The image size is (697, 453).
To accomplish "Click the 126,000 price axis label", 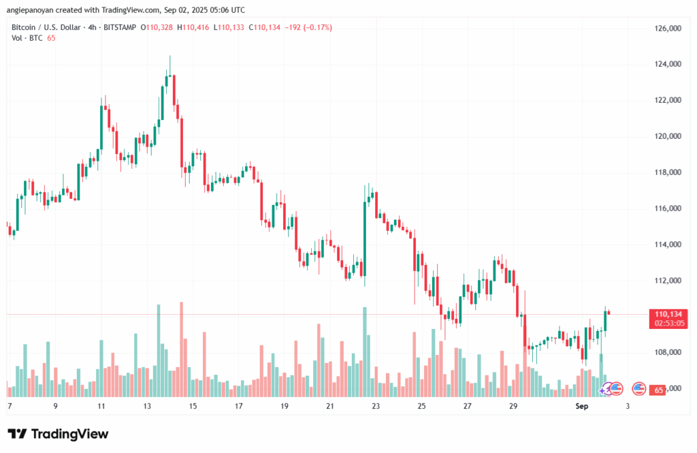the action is [x=668, y=28].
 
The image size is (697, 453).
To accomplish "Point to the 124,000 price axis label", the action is [x=668, y=64].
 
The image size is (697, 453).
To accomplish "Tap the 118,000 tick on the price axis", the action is [x=668, y=172].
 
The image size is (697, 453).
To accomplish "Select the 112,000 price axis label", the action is [x=668, y=281].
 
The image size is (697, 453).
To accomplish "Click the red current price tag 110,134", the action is [x=668, y=314].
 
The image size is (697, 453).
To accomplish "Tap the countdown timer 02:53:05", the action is [x=668, y=323].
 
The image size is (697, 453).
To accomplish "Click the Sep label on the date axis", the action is [x=581, y=406].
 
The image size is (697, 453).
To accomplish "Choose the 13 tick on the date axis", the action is [x=147, y=406].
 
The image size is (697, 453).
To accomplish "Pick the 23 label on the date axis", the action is [x=376, y=406].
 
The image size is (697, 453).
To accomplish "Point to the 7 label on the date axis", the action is [x=10, y=406].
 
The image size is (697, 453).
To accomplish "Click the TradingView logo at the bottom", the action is [x=59, y=434].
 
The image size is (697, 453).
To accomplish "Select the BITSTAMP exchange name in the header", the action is [x=120, y=28].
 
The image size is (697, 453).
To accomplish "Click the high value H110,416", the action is [x=193, y=28].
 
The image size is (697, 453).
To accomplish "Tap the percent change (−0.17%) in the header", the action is [x=317, y=28].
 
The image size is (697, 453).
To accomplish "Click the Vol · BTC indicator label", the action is [x=27, y=38].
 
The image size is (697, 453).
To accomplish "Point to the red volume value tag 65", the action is [x=658, y=390].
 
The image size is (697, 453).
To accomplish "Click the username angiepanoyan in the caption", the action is [x=31, y=10].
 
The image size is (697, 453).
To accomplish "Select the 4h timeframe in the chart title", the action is [x=92, y=28].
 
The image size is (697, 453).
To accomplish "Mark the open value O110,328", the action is [x=157, y=28].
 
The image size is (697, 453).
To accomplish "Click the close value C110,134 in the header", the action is [x=265, y=28].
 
